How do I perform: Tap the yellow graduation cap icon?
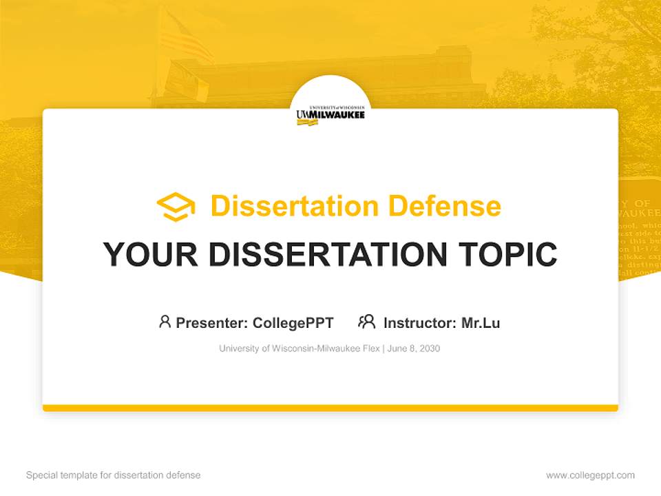(x=176, y=207)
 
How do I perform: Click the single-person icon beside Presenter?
(x=165, y=322)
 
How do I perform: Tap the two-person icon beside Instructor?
(x=367, y=322)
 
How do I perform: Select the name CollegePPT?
(x=293, y=322)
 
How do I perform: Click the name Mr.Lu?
(x=481, y=322)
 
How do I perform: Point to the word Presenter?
(x=212, y=322)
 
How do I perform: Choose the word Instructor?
(x=420, y=322)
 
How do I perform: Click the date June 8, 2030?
(x=414, y=349)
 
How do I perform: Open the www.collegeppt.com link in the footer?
(x=590, y=475)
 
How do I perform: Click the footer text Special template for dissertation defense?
(x=114, y=475)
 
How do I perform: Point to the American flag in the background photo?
(x=185, y=38)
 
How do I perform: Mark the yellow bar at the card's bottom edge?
(x=330, y=408)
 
